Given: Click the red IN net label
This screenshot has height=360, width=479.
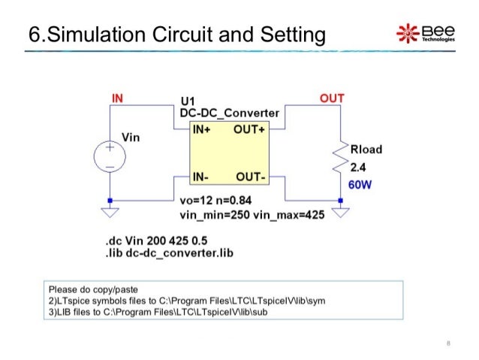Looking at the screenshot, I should point(118,98).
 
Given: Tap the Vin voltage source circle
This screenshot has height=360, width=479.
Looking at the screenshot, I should point(110,159).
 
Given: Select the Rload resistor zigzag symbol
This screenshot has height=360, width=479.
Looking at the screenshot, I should point(342,159).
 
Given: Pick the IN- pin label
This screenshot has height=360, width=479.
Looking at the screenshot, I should point(200,177).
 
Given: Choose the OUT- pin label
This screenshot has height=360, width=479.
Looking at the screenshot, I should point(251,177).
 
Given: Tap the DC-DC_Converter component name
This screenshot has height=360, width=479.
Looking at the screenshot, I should point(229,113).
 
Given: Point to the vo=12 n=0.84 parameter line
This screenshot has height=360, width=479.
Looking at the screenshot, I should point(215,201).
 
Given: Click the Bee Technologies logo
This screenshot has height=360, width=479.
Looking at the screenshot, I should point(425,32).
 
